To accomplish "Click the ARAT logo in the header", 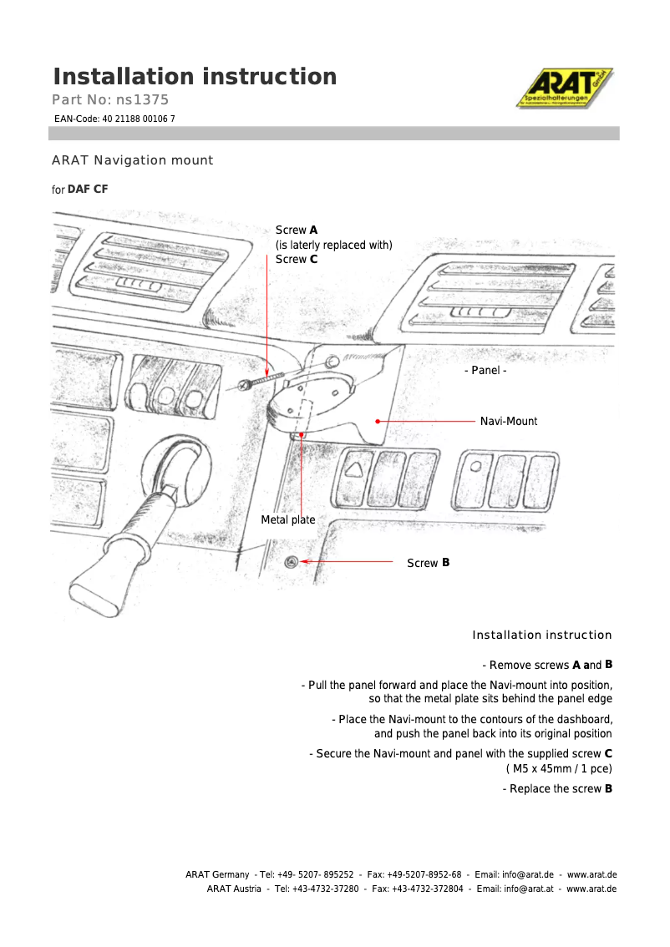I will (564, 88).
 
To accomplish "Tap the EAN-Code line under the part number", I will (114, 119).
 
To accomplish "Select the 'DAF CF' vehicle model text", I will (88, 190).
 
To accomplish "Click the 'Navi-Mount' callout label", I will (508, 421).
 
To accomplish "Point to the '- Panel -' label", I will (485, 370).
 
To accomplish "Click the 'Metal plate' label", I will (288, 519).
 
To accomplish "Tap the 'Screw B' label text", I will (428, 563).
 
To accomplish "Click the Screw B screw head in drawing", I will (292, 562).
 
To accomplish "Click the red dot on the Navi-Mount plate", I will (378, 421).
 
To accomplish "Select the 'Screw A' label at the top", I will (296, 230).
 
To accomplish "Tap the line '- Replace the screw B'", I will (557, 788).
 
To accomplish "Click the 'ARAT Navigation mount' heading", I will (132, 160).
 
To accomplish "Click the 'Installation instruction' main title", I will (195, 77).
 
